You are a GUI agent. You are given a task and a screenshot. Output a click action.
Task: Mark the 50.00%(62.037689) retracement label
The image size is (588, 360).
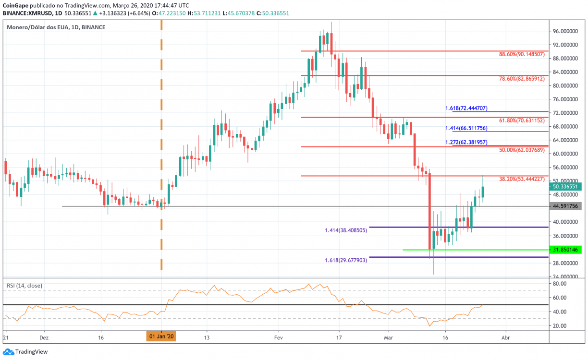coord(522,150)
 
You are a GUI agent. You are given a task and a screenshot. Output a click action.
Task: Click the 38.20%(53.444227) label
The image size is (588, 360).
coord(522,179)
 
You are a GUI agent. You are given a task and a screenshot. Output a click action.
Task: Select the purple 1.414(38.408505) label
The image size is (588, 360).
coord(346,230)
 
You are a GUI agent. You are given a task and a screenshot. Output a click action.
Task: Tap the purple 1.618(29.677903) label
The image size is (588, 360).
coord(346,260)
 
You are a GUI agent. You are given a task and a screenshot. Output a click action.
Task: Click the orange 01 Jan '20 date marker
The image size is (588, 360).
coord(161,336)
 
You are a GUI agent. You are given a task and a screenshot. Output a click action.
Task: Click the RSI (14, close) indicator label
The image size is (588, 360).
coord(24,286)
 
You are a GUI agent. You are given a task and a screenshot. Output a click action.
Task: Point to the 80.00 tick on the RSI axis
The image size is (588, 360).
coord(558,284)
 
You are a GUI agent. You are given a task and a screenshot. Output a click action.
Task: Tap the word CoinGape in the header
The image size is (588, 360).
coord(15,5)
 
